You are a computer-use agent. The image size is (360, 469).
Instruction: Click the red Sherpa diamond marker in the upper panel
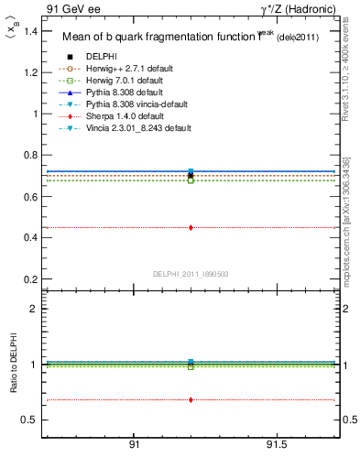[x=191, y=227]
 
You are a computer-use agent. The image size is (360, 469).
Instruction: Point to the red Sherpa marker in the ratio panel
[x=191, y=399]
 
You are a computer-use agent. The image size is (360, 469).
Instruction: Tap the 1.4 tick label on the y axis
[x=31, y=31]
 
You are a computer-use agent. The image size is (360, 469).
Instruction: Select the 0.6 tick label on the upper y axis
[x=31, y=197]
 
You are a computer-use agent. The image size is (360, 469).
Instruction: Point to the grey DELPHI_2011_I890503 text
[x=191, y=274]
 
